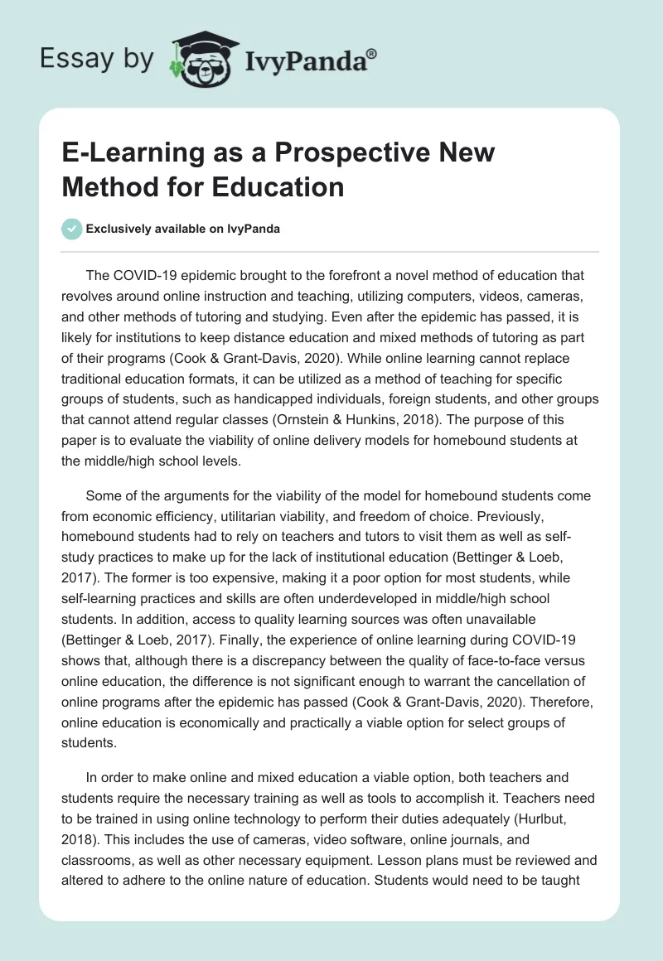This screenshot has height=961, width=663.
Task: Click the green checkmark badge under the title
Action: pyautogui.click(x=72, y=229)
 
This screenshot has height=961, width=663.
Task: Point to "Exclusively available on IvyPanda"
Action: pyautogui.click(x=183, y=229)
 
